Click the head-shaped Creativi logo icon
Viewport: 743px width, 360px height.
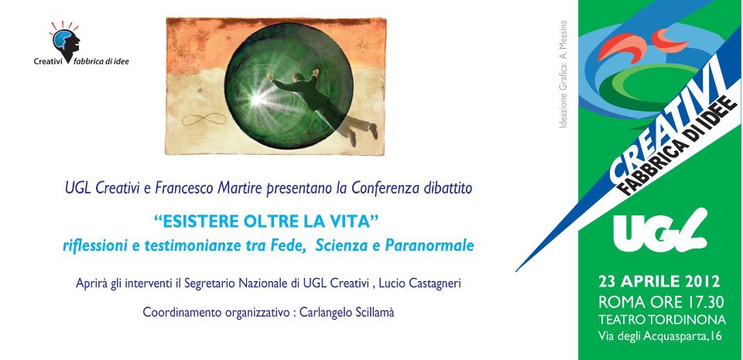coord(64,40)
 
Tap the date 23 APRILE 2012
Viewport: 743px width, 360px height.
coord(659,280)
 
